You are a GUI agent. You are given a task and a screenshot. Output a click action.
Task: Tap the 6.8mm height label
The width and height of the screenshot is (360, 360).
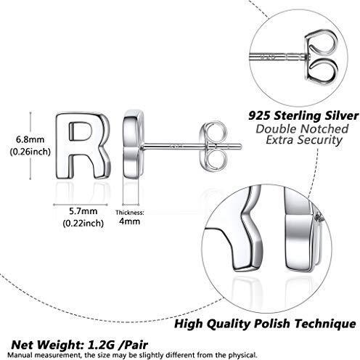pos(30,139)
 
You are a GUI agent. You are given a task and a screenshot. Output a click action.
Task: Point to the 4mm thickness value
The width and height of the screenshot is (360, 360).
pos(129,221)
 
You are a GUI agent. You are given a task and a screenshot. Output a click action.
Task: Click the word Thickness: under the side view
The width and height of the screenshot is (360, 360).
pos(130,213)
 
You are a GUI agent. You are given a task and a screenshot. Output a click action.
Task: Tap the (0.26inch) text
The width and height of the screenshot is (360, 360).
pos(30,152)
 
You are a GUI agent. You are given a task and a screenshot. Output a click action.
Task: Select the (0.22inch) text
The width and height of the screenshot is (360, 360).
pos(83,223)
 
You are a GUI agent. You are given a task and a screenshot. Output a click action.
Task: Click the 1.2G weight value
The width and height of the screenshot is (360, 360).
pos(99,345)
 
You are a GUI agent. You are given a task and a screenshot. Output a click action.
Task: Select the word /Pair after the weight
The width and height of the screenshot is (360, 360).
pos(134,345)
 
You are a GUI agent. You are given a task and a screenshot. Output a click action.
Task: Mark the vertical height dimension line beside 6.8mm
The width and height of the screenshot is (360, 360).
pos(30,145)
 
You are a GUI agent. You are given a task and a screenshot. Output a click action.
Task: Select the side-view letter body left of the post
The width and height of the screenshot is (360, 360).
pos(132,145)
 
